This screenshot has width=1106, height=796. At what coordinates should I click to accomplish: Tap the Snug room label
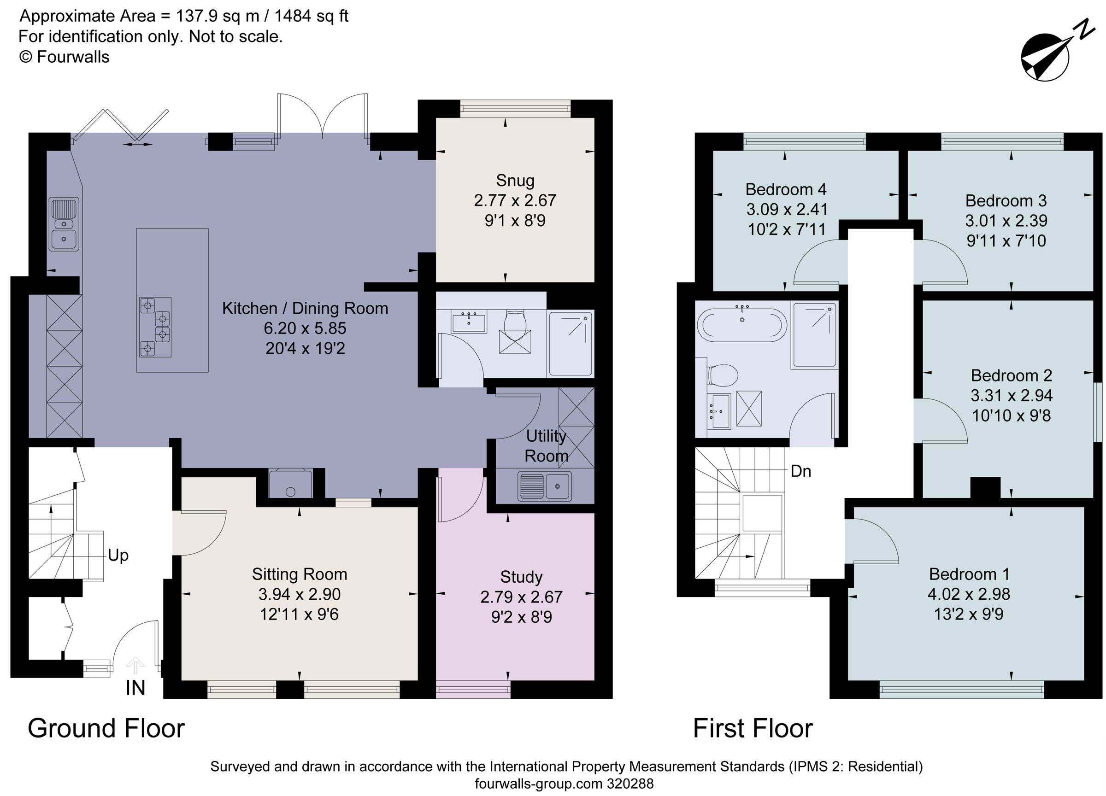point(515,181)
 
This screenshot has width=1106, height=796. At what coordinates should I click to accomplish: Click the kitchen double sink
point(64,224)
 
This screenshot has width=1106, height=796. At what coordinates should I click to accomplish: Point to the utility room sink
point(545,486)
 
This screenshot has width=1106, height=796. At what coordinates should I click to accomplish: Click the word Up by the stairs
point(118,555)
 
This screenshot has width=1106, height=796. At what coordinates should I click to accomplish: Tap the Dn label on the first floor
point(801,471)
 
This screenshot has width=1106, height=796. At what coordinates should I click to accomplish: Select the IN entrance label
point(135,688)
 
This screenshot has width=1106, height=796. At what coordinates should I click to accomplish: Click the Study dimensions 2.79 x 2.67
point(521,597)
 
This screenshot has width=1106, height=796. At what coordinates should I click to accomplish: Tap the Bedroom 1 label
point(969,574)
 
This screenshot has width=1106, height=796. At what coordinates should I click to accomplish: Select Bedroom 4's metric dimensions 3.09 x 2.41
point(787,210)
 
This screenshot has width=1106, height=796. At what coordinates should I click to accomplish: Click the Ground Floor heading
point(106,729)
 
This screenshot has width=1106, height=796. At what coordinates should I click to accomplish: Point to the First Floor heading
point(753,729)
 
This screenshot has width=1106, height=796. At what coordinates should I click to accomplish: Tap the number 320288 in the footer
point(630,784)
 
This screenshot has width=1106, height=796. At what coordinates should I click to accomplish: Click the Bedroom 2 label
point(1012,375)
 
